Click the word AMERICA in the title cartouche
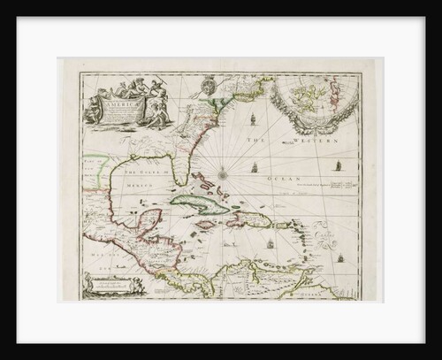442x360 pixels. (126, 102)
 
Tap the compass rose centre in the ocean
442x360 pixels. (223, 173)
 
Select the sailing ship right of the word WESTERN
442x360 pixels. (339, 164)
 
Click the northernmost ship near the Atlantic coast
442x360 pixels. (252, 119)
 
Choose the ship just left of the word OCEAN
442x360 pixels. (255, 166)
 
